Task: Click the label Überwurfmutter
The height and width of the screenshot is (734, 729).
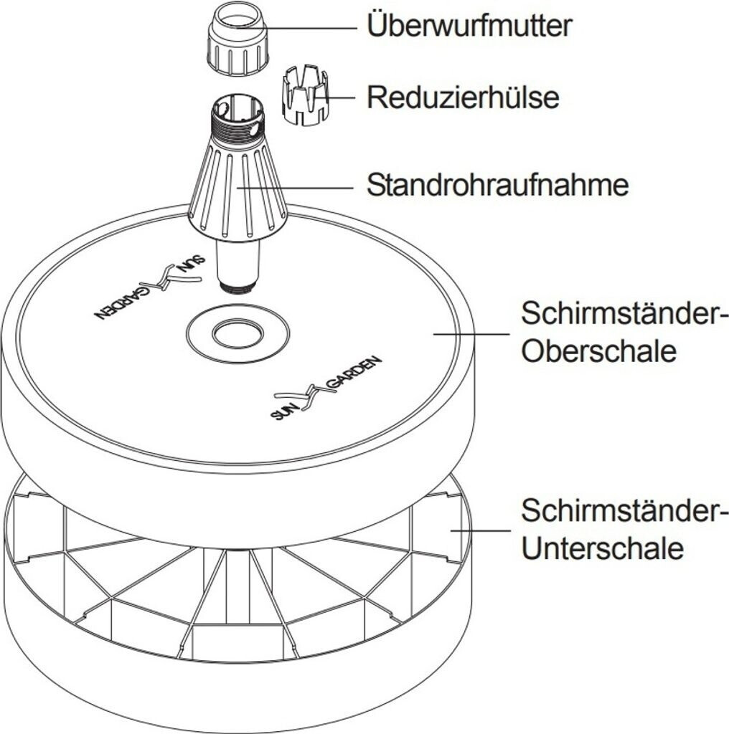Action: [469, 26]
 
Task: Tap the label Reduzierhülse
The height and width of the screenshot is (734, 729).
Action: [463, 97]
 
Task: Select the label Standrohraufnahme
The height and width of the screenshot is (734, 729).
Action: [497, 185]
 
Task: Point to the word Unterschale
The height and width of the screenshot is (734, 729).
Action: [602, 549]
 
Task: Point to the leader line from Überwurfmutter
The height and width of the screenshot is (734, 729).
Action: [312, 27]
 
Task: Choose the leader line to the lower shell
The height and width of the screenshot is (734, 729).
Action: [477, 530]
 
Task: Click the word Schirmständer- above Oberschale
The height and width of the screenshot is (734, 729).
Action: [624, 314]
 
